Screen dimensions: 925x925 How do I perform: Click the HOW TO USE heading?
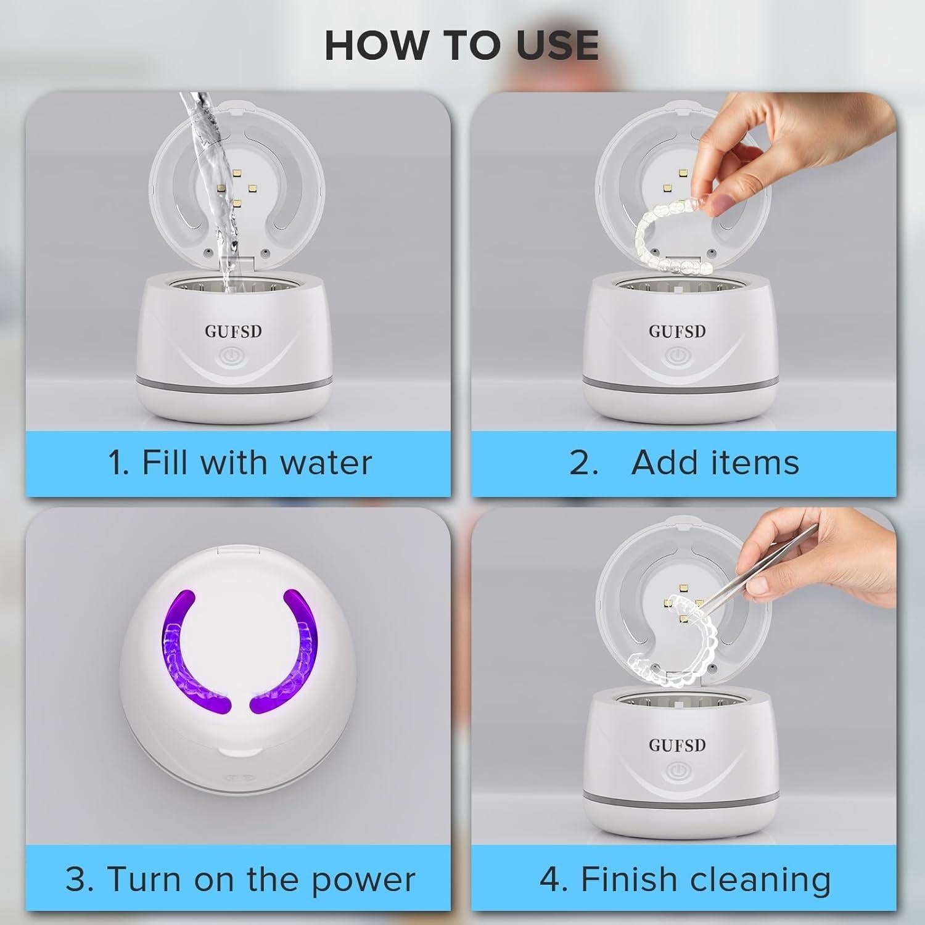coord(462,45)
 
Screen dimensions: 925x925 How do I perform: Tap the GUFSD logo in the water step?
coord(234,331)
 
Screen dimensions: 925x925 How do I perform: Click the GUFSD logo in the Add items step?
coord(677,331)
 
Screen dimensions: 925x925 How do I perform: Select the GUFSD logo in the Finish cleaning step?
coord(677,745)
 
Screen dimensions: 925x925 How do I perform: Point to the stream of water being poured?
coord(216,191)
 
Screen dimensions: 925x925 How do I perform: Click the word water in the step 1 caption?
coord(326,463)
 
